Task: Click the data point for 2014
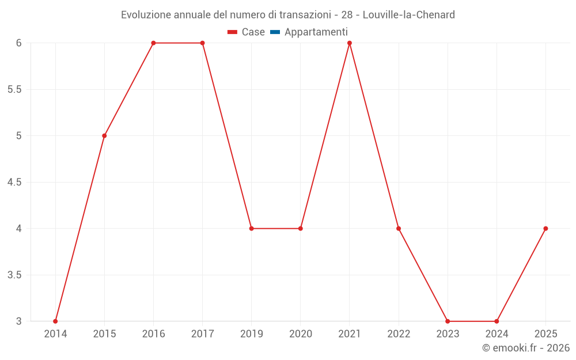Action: tap(55, 321)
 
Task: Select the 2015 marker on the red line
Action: tap(104, 136)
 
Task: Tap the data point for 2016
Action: tap(153, 43)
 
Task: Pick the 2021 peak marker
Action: tap(350, 43)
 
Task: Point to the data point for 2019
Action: tap(252, 229)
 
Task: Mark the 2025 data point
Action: tap(545, 229)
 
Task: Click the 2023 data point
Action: tap(448, 321)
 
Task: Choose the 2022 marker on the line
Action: tap(399, 229)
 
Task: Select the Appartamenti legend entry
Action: tap(316, 32)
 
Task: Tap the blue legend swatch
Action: tap(275, 32)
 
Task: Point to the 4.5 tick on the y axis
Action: tap(14, 183)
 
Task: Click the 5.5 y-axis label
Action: tap(14, 90)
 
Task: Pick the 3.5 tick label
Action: tap(14, 275)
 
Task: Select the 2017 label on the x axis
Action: tap(202, 334)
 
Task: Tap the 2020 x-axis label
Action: tap(301, 334)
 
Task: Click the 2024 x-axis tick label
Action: tap(497, 334)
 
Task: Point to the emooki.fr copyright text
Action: tap(525, 348)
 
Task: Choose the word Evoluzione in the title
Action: tap(146, 15)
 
